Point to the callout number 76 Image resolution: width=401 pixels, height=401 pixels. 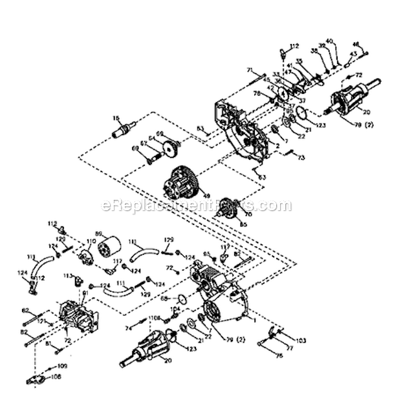click(279, 355)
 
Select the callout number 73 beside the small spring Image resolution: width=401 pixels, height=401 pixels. click(301, 157)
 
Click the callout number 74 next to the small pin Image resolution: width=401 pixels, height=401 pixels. click(127, 329)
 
